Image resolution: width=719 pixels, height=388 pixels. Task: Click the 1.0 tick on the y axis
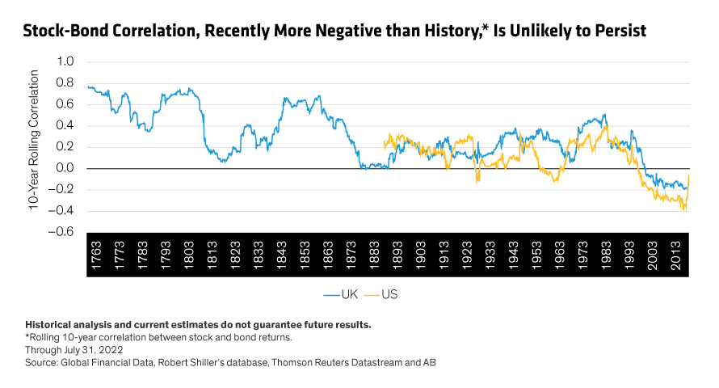(x=64, y=61)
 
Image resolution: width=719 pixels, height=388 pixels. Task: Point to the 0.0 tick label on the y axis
(x=64, y=169)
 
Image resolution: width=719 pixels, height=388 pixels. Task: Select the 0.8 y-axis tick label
(x=64, y=83)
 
